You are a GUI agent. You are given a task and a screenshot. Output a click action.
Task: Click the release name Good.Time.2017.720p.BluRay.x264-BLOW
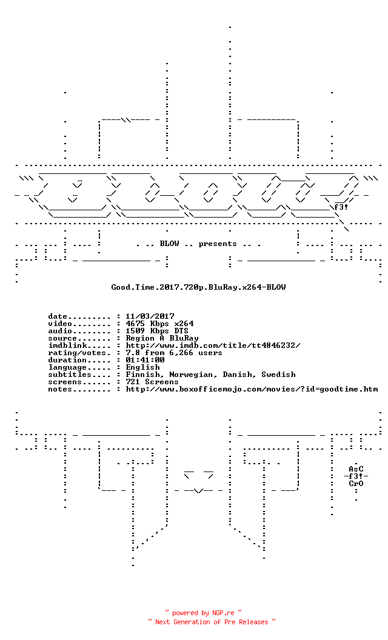tap(198, 287)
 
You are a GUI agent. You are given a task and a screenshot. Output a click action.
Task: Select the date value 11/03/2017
tap(150, 316)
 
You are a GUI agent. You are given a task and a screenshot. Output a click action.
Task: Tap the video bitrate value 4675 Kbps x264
tap(159, 324)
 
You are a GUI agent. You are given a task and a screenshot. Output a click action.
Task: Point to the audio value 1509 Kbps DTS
tap(157, 331)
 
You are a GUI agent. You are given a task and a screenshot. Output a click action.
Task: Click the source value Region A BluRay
tap(162, 338)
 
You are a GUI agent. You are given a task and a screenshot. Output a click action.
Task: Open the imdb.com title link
tap(213, 345)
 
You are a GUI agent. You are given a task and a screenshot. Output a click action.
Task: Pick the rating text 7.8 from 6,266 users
tap(174, 353)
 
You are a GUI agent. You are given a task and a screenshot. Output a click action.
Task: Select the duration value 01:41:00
tap(145, 360)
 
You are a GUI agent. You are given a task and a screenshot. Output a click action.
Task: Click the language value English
tap(142, 367)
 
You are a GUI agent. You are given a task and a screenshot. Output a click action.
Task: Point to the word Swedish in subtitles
tap(278, 375)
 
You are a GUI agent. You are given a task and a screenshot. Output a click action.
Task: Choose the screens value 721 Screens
tap(152, 382)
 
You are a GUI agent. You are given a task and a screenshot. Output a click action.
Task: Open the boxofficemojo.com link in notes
tap(252, 389)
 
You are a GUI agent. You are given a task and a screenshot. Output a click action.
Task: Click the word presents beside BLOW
tap(218, 244)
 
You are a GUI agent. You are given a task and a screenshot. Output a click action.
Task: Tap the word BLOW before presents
tap(170, 244)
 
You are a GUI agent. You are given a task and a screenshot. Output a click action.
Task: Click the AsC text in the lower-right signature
tap(356, 469)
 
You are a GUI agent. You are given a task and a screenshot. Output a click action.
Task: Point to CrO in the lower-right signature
tap(356, 484)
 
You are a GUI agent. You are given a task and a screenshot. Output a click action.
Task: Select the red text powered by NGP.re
tap(203, 613)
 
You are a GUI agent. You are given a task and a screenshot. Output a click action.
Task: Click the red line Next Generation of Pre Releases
tap(212, 622)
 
